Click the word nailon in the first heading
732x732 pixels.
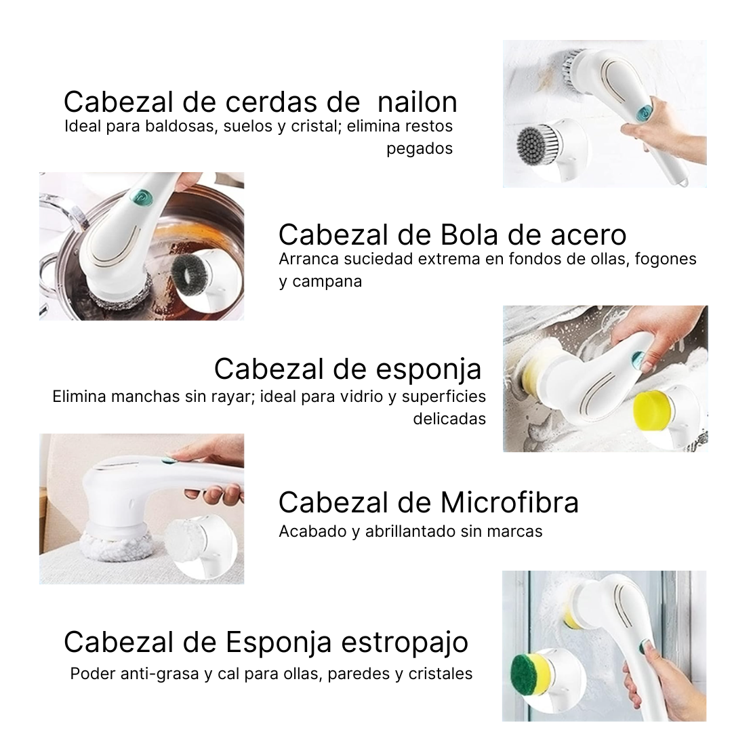tap(417, 102)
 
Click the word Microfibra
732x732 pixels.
tap(509, 503)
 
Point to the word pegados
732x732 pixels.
tap(420, 148)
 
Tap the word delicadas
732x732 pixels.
tap(449, 419)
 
